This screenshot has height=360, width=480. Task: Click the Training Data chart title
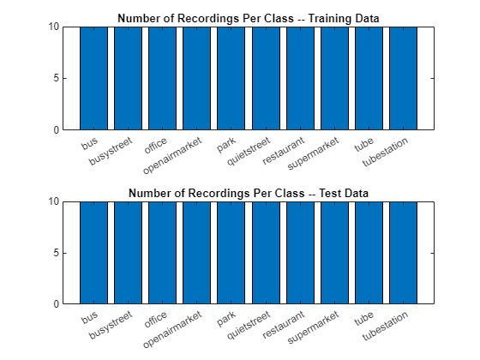click(x=249, y=18)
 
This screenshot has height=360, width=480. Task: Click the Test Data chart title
click(x=249, y=193)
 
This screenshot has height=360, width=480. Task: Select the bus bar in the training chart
click(x=93, y=78)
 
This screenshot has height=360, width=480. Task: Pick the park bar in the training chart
click(x=231, y=78)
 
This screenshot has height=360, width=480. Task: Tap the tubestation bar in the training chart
click(x=403, y=78)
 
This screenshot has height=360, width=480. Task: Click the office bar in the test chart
click(x=162, y=253)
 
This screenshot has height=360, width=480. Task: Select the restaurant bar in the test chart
click(x=300, y=253)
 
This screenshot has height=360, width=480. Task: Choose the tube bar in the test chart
click(x=369, y=253)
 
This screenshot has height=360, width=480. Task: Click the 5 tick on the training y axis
click(x=57, y=78)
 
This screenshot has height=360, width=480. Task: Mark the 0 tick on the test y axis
click(x=57, y=304)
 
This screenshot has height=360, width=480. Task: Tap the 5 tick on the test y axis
click(x=57, y=253)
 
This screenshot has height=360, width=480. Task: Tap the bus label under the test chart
click(x=90, y=318)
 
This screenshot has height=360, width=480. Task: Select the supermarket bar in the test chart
click(x=334, y=253)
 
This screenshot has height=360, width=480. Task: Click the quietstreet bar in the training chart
click(x=266, y=78)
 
